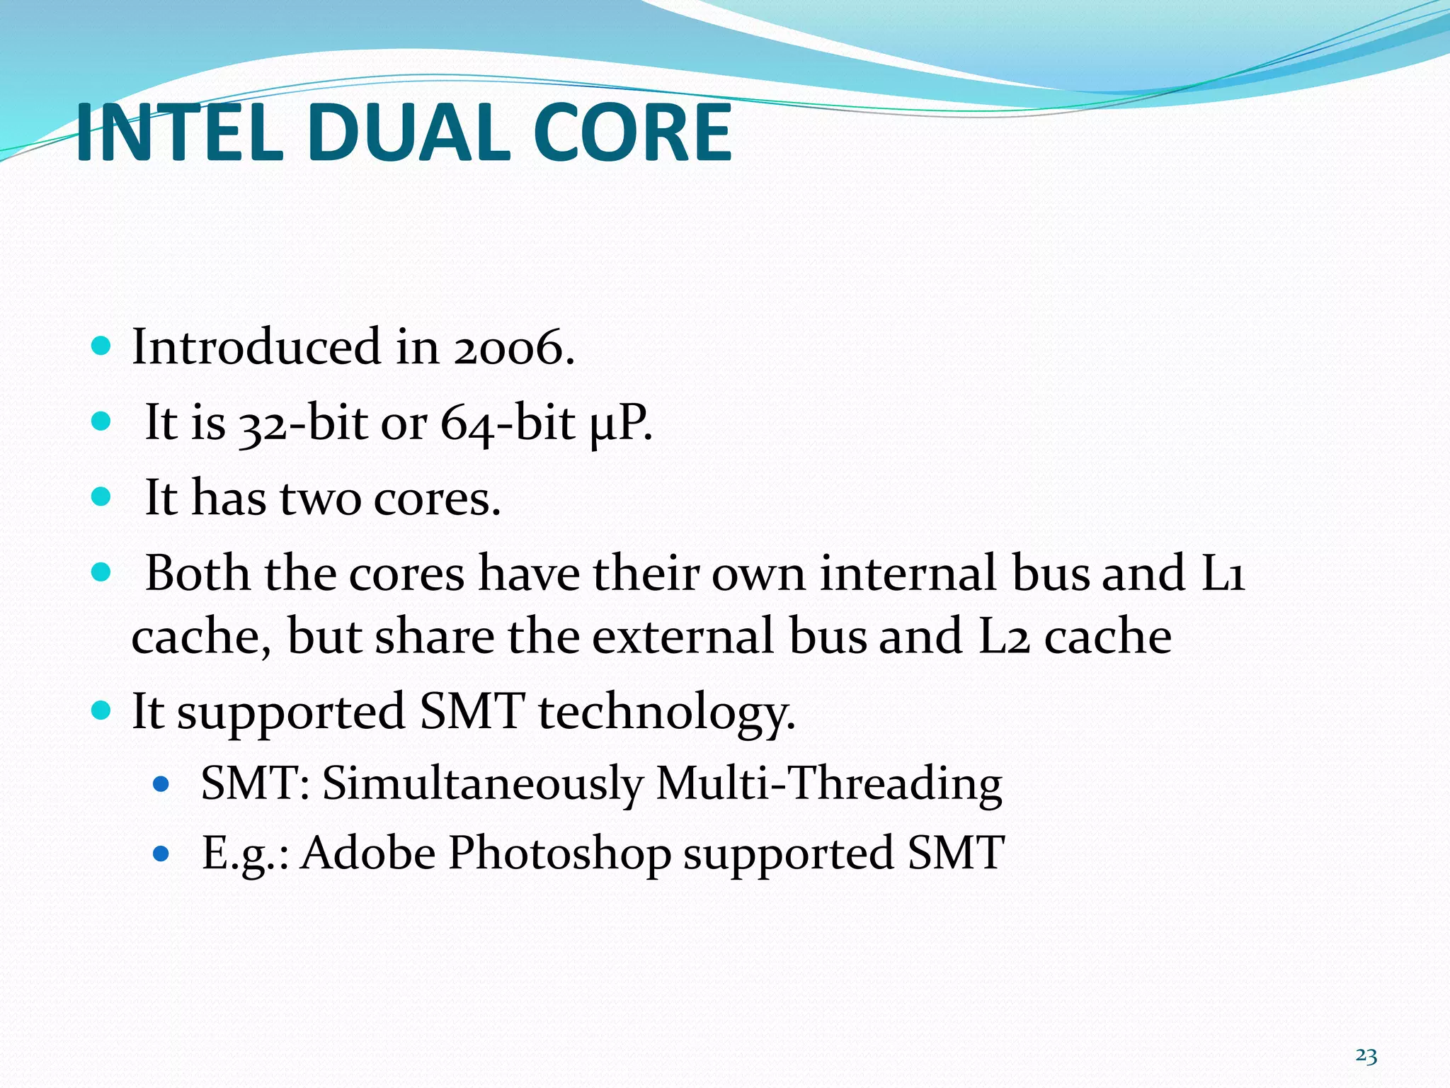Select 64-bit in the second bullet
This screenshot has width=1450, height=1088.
tap(507, 424)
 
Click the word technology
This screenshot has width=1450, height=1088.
tap(666, 713)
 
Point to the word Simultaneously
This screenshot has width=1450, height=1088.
tap(483, 784)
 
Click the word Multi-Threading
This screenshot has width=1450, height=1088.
tap(829, 784)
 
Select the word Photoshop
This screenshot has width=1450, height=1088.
tap(559, 853)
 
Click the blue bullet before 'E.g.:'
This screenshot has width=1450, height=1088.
tap(162, 854)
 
